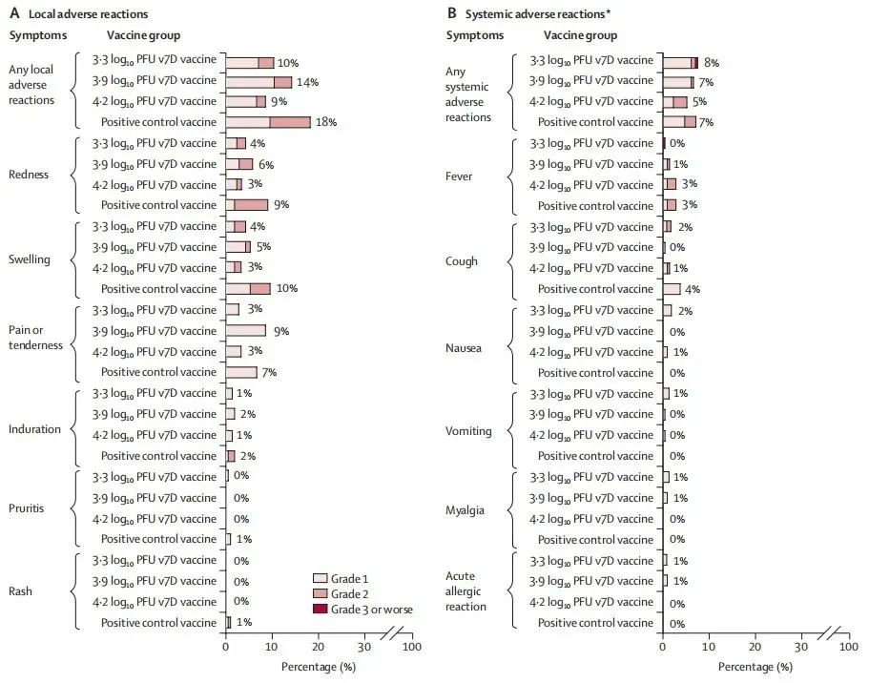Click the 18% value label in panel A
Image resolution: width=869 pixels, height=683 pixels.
tap(327, 122)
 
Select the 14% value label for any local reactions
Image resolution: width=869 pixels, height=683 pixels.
tap(308, 82)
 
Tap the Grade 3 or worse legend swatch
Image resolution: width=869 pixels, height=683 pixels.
tap(321, 610)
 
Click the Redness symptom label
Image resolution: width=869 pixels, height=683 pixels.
tap(30, 175)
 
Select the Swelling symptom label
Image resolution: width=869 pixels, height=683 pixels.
tap(31, 258)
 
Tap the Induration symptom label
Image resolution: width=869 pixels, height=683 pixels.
tap(33, 429)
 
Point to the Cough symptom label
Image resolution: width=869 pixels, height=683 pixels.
tap(463, 260)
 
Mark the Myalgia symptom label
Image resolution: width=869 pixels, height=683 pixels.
tap(466, 510)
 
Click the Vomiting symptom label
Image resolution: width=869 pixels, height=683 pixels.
tap(469, 431)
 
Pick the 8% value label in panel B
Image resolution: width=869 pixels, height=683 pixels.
tap(711, 63)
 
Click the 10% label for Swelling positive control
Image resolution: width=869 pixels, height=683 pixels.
tap(287, 289)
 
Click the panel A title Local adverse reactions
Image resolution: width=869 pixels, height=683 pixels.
tap(81, 14)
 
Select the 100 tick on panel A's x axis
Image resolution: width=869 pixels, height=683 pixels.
tap(411, 647)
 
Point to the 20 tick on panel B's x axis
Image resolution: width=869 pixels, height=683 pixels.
tap(755, 647)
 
